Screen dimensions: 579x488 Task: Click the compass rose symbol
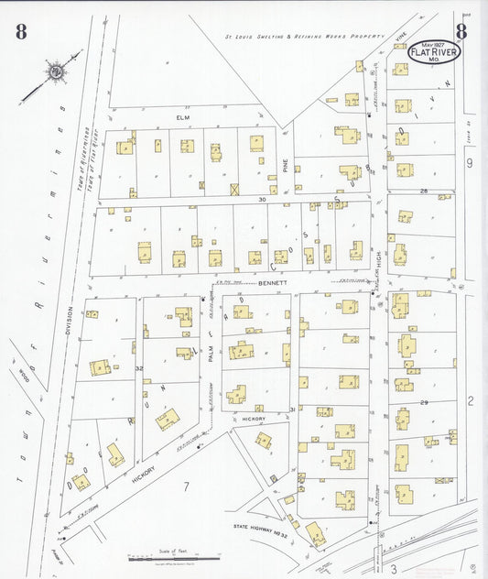click(x=57, y=71)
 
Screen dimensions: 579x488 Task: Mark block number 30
click(x=261, y=199)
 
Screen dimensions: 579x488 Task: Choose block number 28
click(x=424, y=191)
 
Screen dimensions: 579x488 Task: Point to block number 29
click(x=424, y=402)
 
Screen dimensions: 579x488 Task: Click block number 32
click(x=139, y=368)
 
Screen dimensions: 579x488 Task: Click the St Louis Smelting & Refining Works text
click(x=302, y=38)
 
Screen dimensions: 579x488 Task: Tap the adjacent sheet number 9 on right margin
click(x=469, y=163)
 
